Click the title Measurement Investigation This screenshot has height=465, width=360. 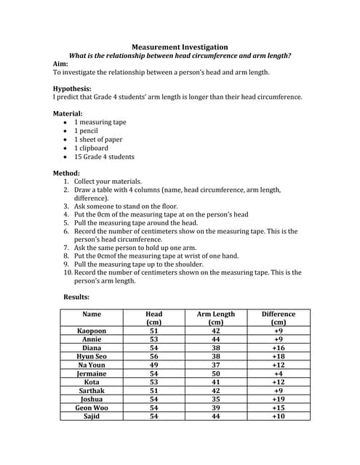pyautogui.click(x=180, y=47)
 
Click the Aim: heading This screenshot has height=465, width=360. pyautogui.click(x=62, y=64)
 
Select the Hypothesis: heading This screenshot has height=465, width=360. pyautogui.click(x=72, y=89)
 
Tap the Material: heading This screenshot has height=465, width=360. pyautogui.click(x=68, y=114)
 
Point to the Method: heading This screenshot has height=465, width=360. pyautogui.click(x=66, y=173)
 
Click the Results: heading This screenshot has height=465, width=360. pyautogui.click(x=76, y=297)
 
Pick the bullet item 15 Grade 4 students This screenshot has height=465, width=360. pyautogui.click(x=104, y=156)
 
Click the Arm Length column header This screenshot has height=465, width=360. pyautogui.click(x=216, y=318)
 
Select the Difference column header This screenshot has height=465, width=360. pyautogui.click(x=278, y=318)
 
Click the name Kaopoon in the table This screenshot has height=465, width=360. pyautogui.click(x=92, y=331)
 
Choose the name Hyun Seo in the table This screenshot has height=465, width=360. pyautogui.click(x=92, y=357)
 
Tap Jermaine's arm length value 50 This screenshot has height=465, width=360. pyautogui.click(x=216, y=373)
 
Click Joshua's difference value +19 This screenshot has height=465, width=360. pyautogui.click(x=278, y=399)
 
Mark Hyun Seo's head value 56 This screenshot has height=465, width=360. pyautogui.click(x=153, y=357)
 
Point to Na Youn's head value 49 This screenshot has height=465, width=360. pyautogui.click(x=153, y=365)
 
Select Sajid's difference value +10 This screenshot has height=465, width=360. pyautogui.click(x=278, y=416)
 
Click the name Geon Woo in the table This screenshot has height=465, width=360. pyautogui.click(x=92, y=408)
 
